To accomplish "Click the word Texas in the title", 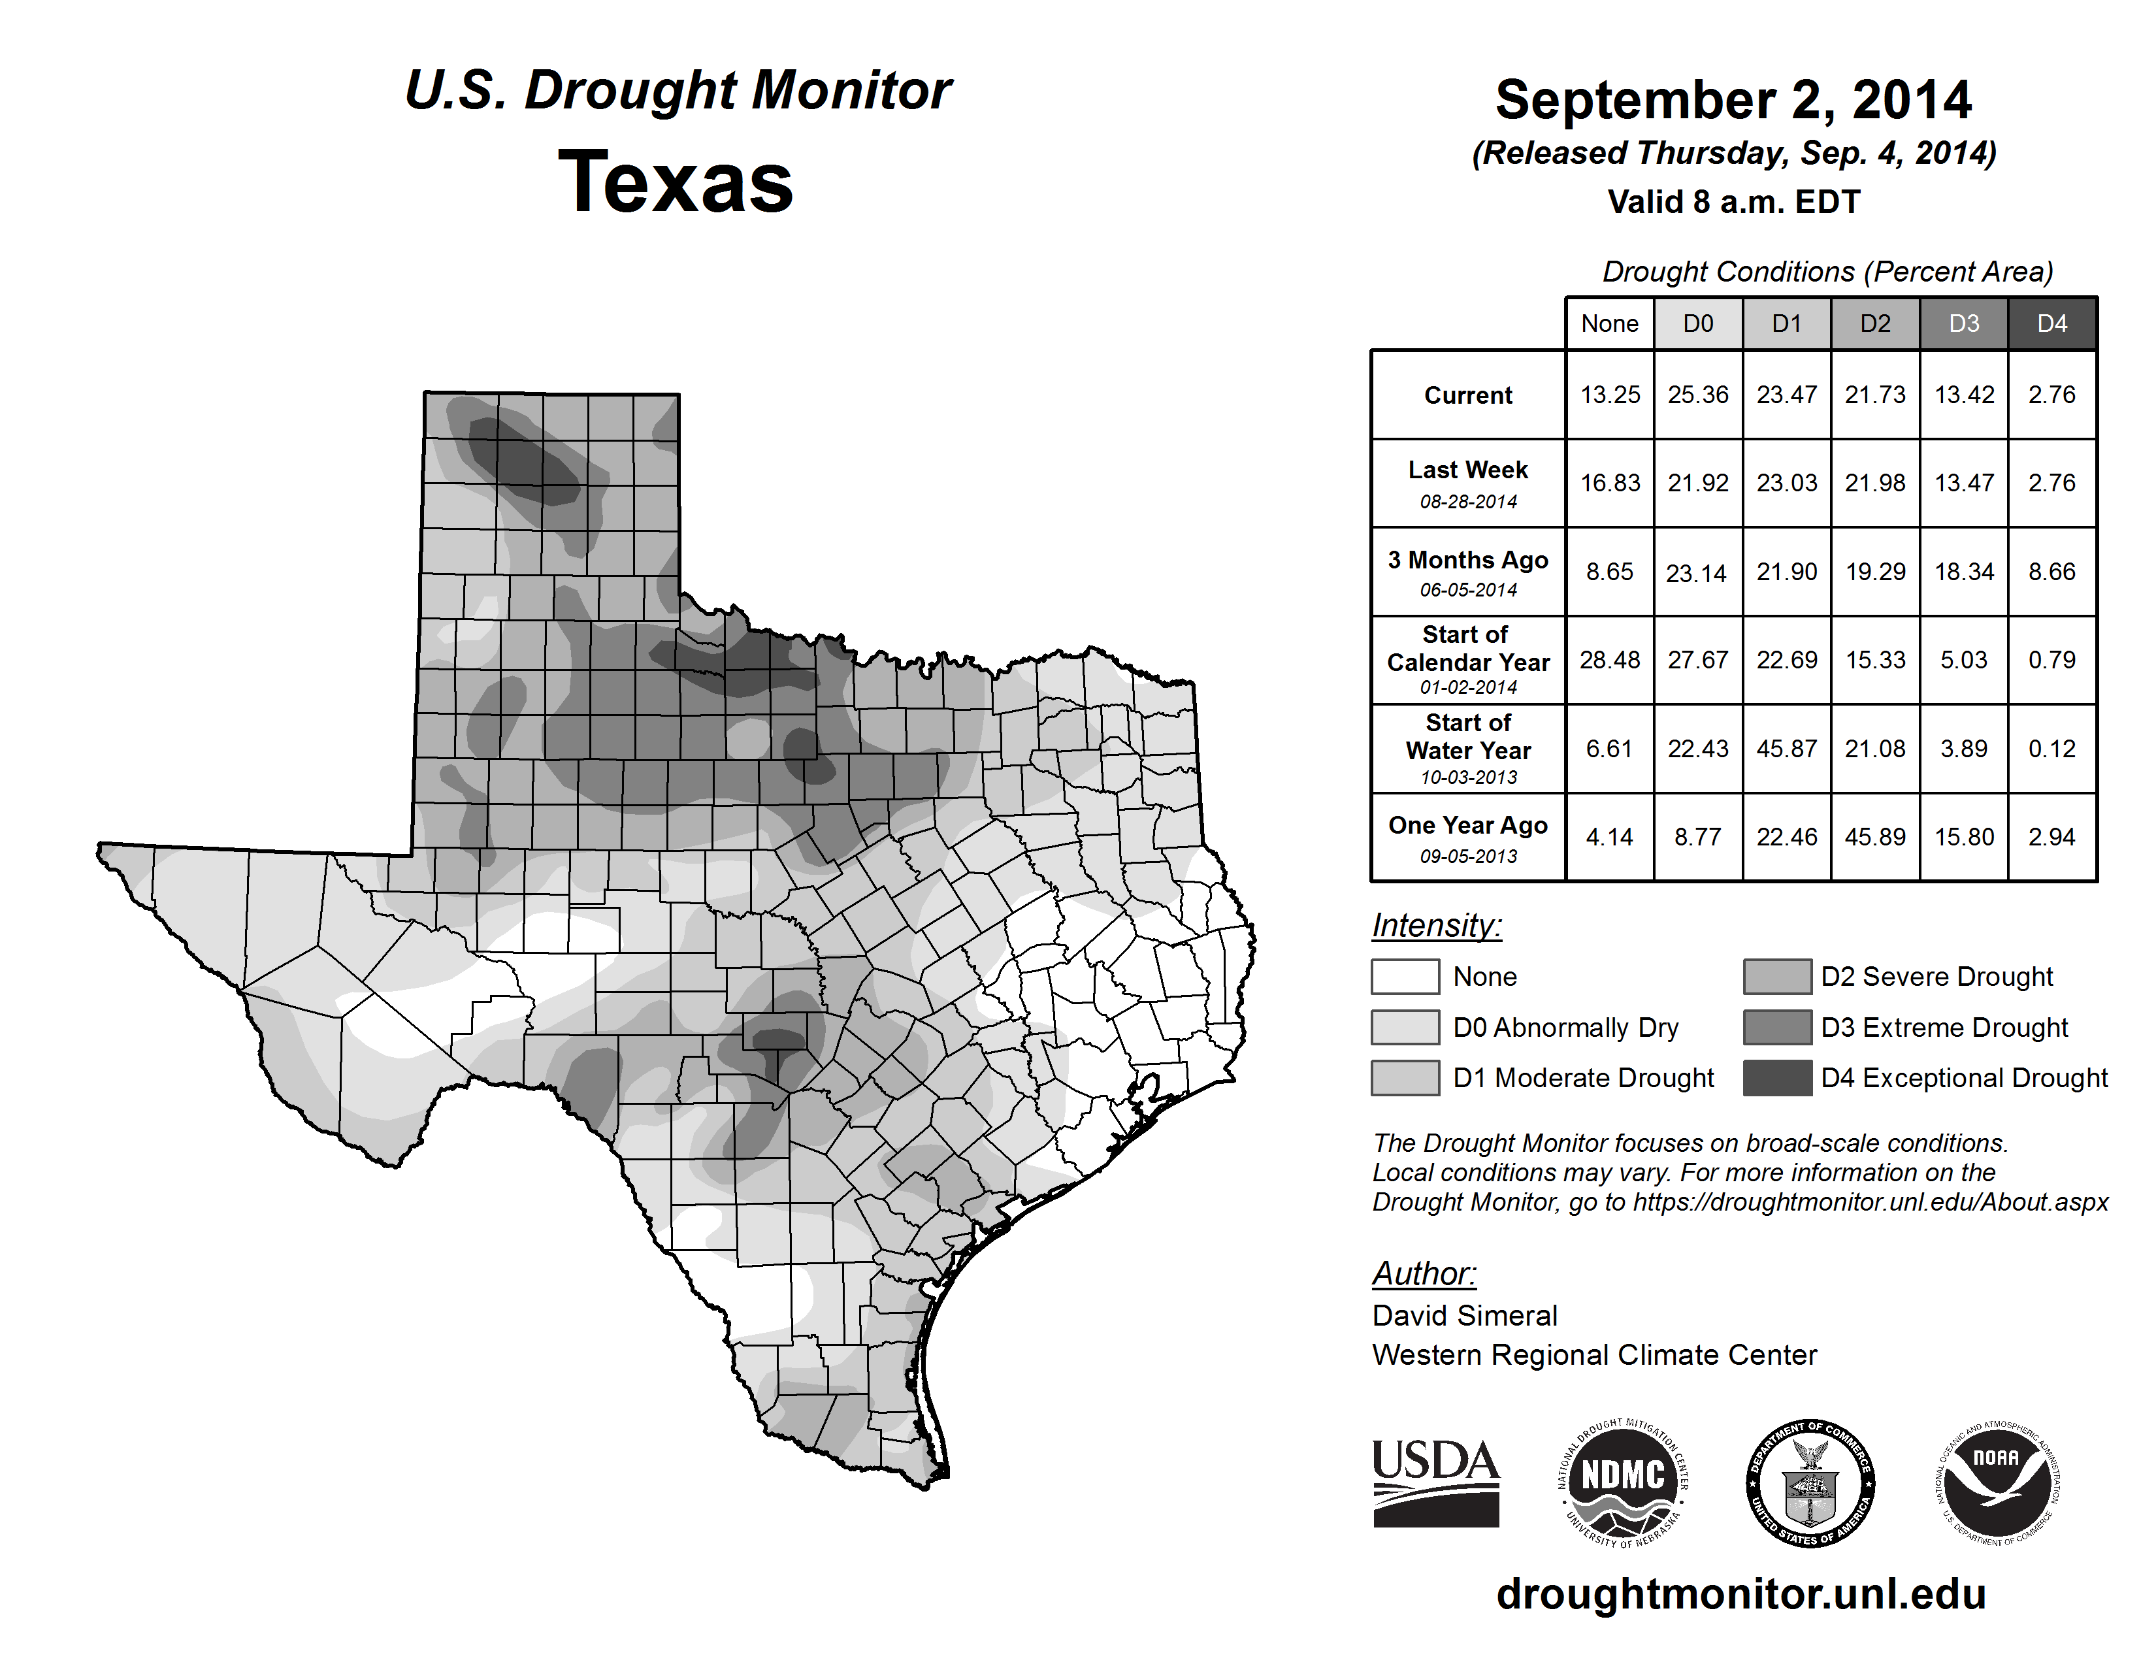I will coord(676,182).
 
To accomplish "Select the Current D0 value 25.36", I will coord(1698,395).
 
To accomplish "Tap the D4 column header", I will coord(2051,323).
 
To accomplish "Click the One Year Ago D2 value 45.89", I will coord(1874,837).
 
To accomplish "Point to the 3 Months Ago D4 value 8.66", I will coord(2051,572).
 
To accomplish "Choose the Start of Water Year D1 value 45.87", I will coord(1786,749).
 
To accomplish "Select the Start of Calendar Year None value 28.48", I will coord(1609,659).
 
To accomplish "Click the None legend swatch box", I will coord(1405,976).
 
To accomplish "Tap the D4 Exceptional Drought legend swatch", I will coord(1777,1078).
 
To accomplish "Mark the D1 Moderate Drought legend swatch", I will coord(1405,1078).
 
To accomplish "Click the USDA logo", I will coord(1435,1482).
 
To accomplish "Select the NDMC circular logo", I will coord(1623,1482).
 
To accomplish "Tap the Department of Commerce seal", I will coord(1810,1482).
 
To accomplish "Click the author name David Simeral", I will coord(1464,1316).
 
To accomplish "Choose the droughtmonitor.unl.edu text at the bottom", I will coord(1740,1594).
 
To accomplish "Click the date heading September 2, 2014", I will coord(1733,100).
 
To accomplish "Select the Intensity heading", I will coord(1436,926).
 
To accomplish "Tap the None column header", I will coord(1609,323).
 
